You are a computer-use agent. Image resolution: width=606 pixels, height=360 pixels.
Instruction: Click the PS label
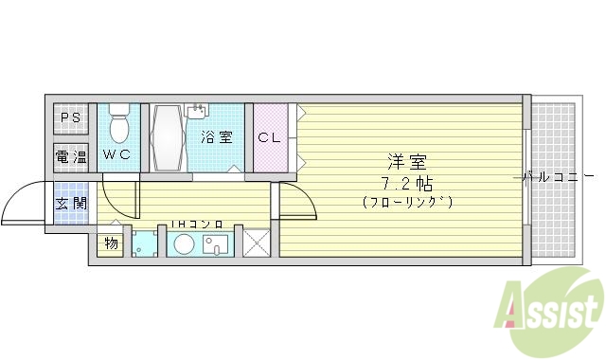pos(68,118)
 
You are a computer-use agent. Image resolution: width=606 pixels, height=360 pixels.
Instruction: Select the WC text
pos(117,154)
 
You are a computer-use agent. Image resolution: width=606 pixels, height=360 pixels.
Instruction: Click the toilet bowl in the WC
pos(119,127)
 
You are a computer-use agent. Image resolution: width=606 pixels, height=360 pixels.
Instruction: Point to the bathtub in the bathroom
pos(170,138)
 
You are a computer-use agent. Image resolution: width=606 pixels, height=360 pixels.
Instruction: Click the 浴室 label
pos(216,137)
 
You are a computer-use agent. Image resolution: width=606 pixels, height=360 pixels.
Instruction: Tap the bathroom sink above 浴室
pos(199,112)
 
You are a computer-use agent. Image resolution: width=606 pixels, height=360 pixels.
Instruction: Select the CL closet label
pos(269,137)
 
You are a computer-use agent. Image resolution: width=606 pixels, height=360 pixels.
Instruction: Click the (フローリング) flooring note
pos(407,202)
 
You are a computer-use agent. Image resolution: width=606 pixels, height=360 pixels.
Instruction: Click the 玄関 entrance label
pos(68,202)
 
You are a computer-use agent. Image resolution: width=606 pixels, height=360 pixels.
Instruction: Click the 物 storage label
pos(110,243)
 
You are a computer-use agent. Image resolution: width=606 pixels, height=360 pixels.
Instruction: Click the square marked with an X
pos(258,243)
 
